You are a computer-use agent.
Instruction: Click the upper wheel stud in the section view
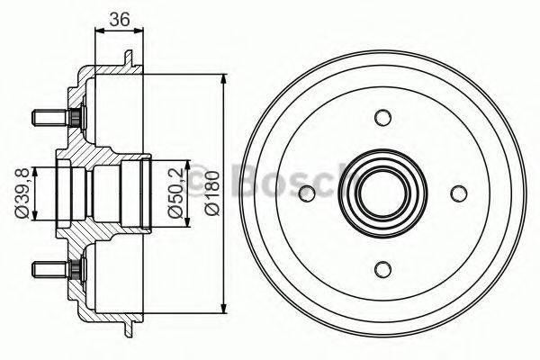(x=51, y=117)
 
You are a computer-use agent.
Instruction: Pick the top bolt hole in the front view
(x=383, y=117)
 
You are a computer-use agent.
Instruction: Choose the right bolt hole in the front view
(x=458, y=192)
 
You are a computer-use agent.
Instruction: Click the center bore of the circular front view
(x=383, y=192)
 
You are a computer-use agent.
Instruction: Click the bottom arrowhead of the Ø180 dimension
(x=224, y=309)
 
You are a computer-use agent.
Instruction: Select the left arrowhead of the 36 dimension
(x=98, y=31)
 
